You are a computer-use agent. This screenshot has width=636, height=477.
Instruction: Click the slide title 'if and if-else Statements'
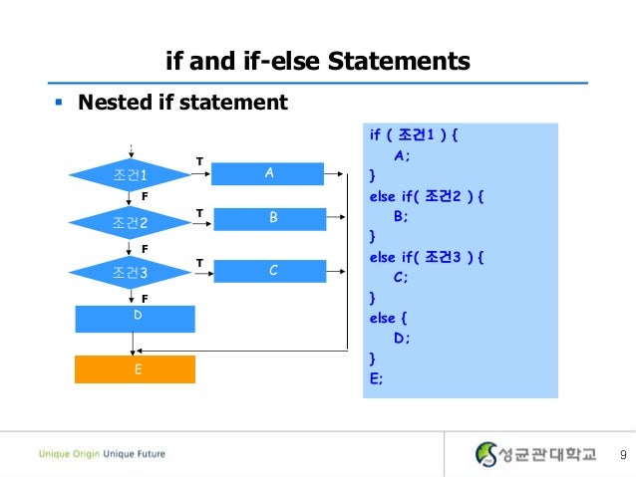point(317,62)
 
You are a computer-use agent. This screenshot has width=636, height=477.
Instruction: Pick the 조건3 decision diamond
point(130,271)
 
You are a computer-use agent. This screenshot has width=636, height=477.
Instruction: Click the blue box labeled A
point(269,173)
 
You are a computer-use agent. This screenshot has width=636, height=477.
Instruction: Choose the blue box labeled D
point(138,318)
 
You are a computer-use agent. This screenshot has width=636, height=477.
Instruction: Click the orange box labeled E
point(137,368)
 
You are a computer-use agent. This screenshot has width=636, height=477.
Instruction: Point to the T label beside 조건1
point(198,159)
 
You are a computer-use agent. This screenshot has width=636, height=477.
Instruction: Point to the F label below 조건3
point(144,298)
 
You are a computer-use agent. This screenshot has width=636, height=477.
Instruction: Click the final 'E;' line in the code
point(376,377)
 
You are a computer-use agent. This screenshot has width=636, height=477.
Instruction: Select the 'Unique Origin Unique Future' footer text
point(102,454)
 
